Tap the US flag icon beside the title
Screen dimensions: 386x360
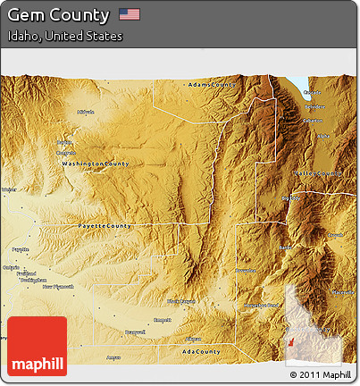[130, 14]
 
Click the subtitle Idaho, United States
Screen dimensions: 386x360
[63, 37]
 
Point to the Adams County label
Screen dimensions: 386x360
[211, 85]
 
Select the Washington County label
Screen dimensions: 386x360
[95, 164]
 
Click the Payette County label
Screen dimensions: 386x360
[105, 226]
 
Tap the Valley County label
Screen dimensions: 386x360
[317, 173]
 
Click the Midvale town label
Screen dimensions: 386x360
[86, 112]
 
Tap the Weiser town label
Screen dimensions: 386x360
[9, 190]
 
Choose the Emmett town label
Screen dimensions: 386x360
[163, 319]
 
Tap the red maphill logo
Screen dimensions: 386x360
[37, 346]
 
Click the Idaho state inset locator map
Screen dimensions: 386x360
[305, 325]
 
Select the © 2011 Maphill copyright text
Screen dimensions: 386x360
[320, 375]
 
